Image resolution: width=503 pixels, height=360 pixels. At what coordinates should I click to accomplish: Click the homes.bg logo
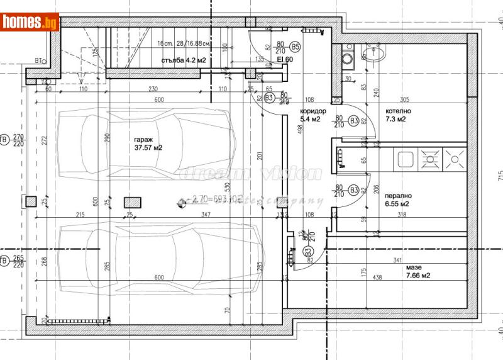pyautogui.click(x=30, y=21)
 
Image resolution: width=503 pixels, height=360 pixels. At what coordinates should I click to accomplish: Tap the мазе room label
pyautogui.click(x=414, y=267)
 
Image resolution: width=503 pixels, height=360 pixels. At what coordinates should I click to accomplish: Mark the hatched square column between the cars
pyautogui.click(x=132, y=202)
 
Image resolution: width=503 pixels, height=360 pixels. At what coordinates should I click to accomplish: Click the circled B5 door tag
pyautogui.click(x=296, y=47)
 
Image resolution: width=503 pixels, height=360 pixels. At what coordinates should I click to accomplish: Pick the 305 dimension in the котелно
pyautogui.click(x=405, y=99)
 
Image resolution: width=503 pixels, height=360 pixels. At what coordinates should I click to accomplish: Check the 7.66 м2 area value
pyautogui.click(x=417, y=275)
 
